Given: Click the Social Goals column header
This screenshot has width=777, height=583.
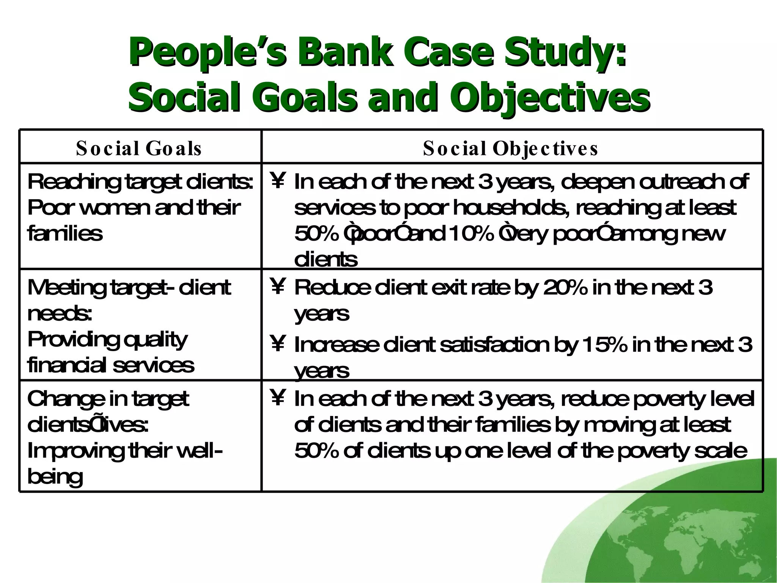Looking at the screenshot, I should coord(139,148).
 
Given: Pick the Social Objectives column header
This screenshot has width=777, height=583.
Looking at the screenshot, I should coord(511,148).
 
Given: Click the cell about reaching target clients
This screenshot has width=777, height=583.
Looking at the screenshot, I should coord(140,207).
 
